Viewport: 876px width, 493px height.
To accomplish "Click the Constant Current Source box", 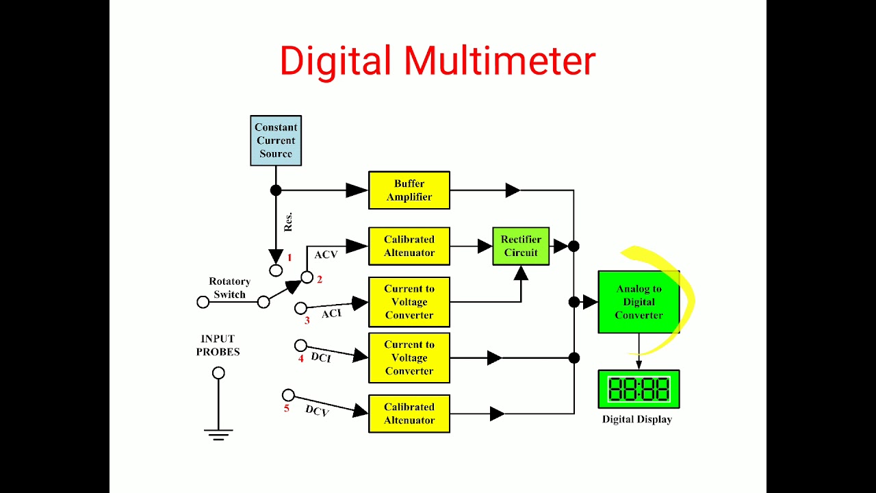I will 276,140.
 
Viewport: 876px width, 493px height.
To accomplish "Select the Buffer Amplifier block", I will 409,190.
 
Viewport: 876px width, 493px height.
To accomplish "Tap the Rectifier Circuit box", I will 521,246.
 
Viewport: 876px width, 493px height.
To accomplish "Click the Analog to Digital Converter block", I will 639,302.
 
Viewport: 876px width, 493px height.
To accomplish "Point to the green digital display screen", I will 639,390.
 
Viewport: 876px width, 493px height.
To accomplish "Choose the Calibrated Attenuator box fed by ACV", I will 409,246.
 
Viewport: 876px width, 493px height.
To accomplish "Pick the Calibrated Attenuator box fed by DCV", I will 409,414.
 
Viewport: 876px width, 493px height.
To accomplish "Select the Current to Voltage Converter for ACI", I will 409,302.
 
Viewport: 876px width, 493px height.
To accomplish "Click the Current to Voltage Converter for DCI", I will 409,357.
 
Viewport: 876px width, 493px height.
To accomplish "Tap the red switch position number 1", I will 289,257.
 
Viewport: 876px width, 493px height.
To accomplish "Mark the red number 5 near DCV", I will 287,409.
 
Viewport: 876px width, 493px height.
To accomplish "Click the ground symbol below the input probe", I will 218,433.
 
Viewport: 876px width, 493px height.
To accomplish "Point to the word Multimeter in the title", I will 500,61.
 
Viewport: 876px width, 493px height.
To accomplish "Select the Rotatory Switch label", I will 229,288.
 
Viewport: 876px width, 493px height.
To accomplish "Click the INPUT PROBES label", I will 218,345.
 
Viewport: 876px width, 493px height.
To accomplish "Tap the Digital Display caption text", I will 636,419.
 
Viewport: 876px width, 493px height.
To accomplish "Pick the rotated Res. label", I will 288,222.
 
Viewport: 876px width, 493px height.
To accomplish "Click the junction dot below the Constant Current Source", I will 276,190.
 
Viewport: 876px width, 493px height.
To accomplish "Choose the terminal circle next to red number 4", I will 300,346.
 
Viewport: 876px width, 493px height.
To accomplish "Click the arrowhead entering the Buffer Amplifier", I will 357,190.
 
